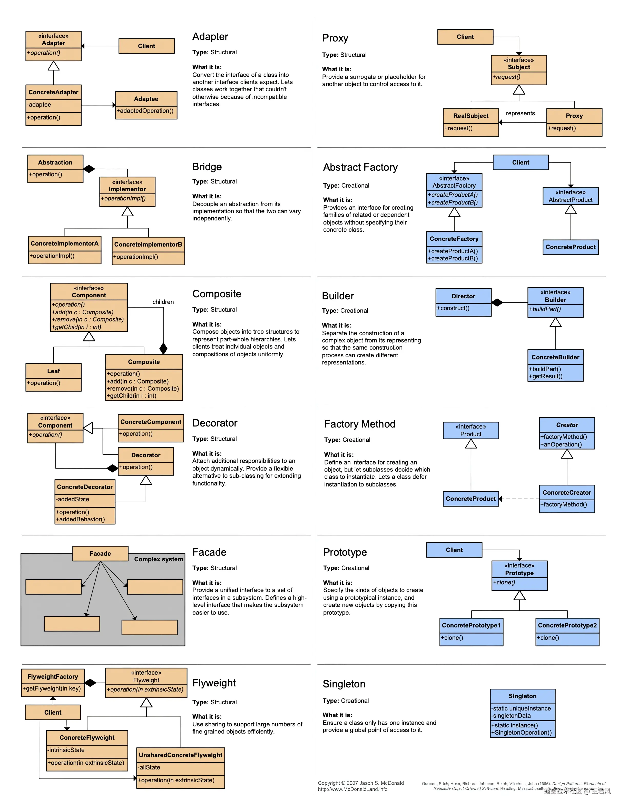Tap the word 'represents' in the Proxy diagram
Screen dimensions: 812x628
[520, 113]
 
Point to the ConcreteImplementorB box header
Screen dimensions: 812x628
[148, 244]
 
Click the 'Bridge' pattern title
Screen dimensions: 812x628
[207, 167]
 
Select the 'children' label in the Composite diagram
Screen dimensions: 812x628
[163, 302]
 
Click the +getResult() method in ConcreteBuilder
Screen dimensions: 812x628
[545, 376]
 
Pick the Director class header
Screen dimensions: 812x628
[463, 296]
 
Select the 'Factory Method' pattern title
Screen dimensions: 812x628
[359, 424]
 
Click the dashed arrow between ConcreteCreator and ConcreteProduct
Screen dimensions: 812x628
[519, 499]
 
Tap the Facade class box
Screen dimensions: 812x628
[100, 554]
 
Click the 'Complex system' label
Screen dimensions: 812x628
[159, 559]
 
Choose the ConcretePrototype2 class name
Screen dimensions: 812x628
[567, 625]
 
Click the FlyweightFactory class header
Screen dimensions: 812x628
[53, 677]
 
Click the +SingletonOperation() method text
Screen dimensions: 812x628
[521, 733]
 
